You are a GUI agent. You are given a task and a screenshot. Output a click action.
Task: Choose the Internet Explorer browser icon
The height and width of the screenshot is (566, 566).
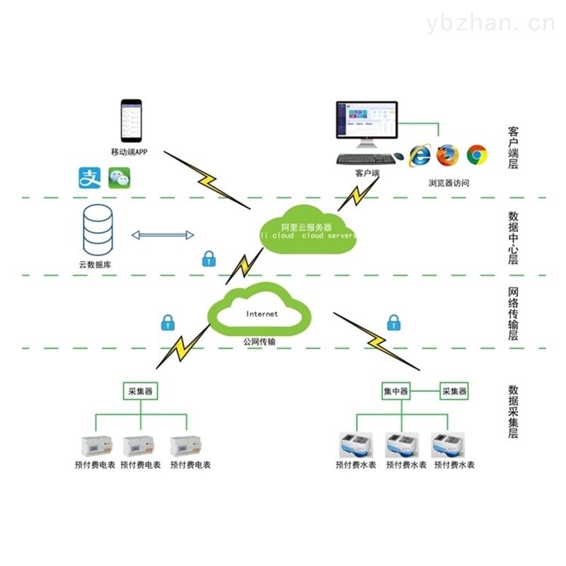421,154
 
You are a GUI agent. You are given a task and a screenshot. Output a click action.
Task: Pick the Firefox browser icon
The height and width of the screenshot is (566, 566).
447,154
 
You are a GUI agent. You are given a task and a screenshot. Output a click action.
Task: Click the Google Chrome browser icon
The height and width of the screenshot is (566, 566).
477,154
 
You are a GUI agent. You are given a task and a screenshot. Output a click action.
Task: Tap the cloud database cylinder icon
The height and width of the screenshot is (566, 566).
98,230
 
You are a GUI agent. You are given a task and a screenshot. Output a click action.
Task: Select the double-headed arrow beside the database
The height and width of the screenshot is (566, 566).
163,234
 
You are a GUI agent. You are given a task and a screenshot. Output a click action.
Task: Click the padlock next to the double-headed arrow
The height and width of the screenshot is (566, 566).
209,258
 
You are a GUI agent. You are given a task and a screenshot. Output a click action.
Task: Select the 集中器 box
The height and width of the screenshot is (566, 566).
395,390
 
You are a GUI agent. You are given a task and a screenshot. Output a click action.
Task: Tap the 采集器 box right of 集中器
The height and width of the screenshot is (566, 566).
454,390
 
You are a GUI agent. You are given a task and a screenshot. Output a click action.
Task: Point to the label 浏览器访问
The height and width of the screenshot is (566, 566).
448,183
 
